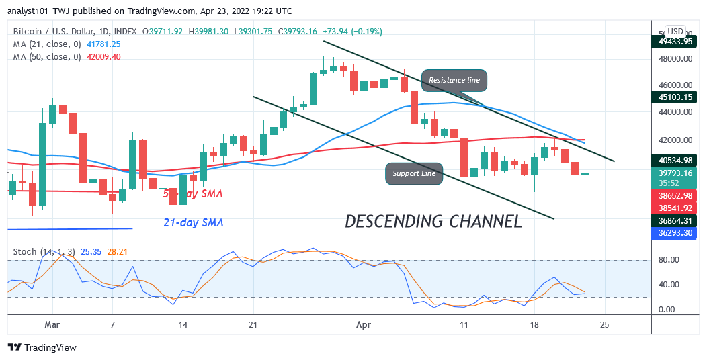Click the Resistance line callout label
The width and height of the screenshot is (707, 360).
[454, 80]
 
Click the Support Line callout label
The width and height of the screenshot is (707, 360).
[414, 173]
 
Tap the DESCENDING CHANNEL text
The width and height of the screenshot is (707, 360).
[433, 221]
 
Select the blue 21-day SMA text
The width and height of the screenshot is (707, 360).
[194, 222]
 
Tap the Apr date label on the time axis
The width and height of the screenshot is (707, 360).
[363, 324]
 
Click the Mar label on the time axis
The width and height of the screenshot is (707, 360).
[52, 324]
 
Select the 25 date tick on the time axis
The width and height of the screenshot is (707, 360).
[605, 324]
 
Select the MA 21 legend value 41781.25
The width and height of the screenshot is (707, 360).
[103, 44]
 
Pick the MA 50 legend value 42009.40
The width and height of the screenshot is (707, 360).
[103, 56]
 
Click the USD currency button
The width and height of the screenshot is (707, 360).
[675, 32]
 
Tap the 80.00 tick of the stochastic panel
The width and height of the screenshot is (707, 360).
[672, 260]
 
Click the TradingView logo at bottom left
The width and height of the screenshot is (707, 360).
[42, 347]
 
